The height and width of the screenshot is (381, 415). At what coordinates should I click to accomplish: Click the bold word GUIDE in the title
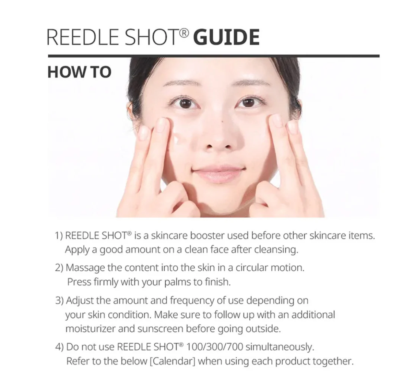[226, 37]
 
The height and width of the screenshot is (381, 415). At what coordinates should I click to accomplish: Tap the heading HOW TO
[80, 72]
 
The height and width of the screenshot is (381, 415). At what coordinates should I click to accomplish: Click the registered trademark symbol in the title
[183, 34]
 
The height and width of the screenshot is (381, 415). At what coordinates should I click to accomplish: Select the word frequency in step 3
[192, 301]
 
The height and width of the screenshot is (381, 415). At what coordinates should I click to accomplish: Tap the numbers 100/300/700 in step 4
[215, 347]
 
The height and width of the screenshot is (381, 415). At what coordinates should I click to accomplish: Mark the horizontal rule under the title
[214, 56]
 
